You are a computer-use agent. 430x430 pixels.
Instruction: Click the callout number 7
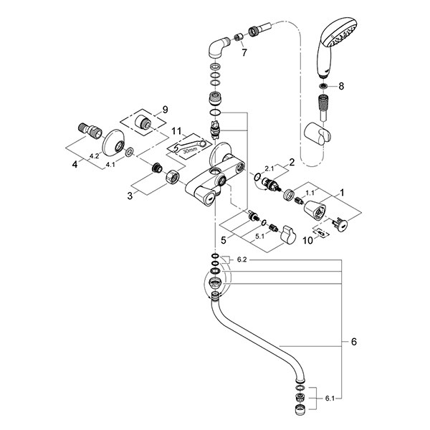(x=244, y=52)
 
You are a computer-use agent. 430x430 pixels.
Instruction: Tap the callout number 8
(x=341, y=86)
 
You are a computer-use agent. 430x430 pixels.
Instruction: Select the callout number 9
(x=165, y=110)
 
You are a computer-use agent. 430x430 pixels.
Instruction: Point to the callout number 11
(x=176, y=131)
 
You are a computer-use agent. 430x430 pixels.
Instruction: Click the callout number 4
(x=75, y=165)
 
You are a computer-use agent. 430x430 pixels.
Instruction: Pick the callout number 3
(x=130, y=196)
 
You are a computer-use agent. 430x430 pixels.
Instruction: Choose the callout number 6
(x=354, y=342)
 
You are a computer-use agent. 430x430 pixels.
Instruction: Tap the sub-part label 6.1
(x=330, y=398)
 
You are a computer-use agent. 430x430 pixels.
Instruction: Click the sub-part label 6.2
(x=242, y=259)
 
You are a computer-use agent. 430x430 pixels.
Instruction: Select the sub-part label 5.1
(x=259, y=236)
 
